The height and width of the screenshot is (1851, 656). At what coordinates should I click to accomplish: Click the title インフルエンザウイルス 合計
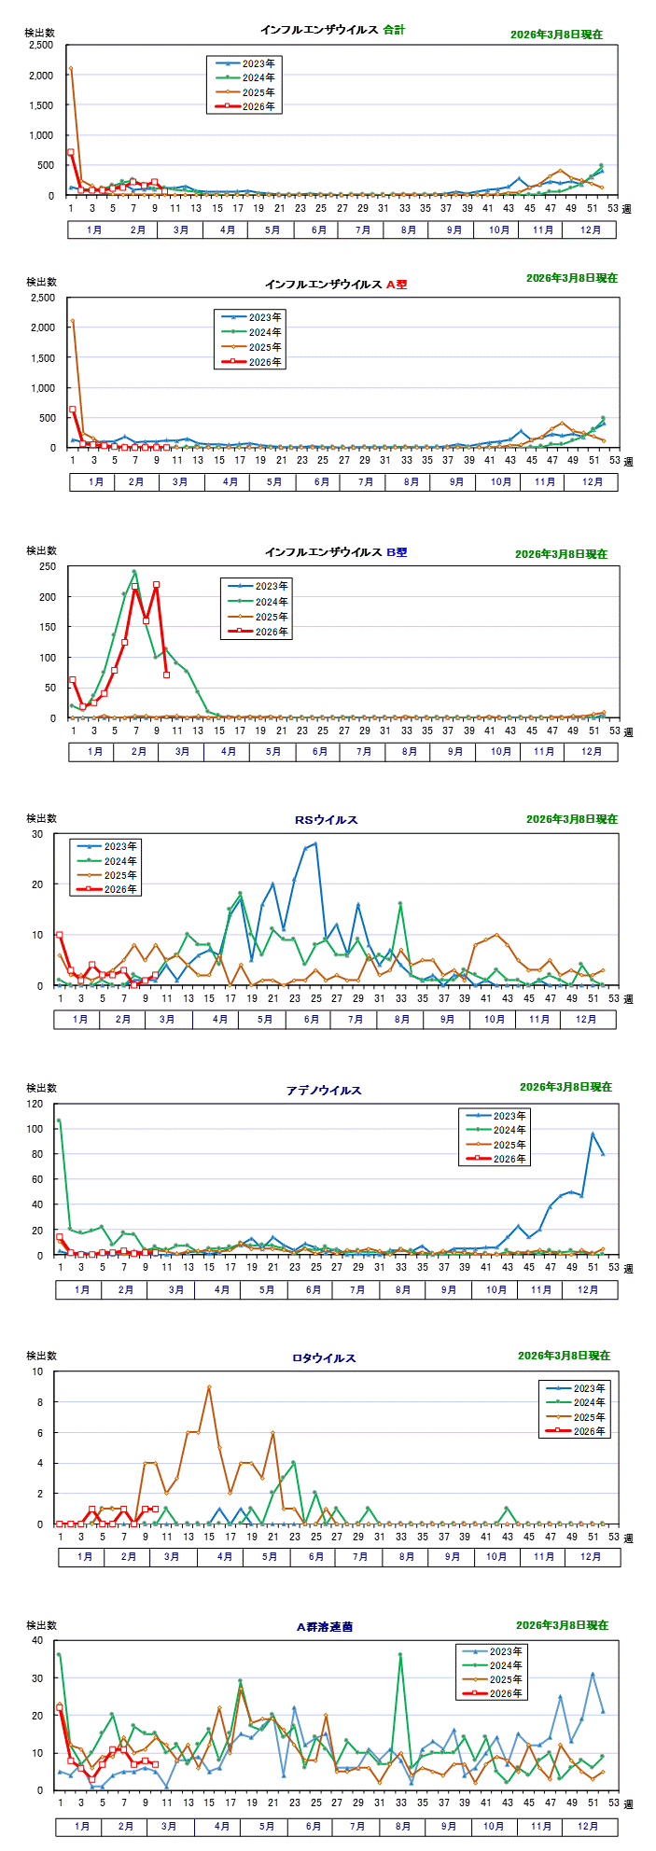[332, 30]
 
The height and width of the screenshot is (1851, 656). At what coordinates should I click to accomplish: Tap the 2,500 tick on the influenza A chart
[42, 298]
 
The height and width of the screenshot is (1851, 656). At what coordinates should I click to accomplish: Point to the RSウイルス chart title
[326, 820]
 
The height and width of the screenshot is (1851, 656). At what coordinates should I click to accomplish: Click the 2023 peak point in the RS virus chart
[315, 843]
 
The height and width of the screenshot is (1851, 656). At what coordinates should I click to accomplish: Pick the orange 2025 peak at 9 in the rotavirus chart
[209, 1387]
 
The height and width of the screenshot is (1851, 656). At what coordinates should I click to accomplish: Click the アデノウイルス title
[324, 1090]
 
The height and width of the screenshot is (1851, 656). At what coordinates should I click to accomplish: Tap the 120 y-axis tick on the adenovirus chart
[35, 1104]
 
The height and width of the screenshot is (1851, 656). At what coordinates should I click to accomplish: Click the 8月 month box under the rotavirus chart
[407, 1557]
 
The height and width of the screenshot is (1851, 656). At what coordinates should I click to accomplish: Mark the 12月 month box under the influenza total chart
[591, 230]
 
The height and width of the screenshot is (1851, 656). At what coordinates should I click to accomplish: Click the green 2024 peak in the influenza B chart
[134, 572]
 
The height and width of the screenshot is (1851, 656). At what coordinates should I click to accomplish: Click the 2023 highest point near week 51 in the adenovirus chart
[593, 1134]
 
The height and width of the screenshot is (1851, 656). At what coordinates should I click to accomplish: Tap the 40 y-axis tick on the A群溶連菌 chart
[37, 1640]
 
